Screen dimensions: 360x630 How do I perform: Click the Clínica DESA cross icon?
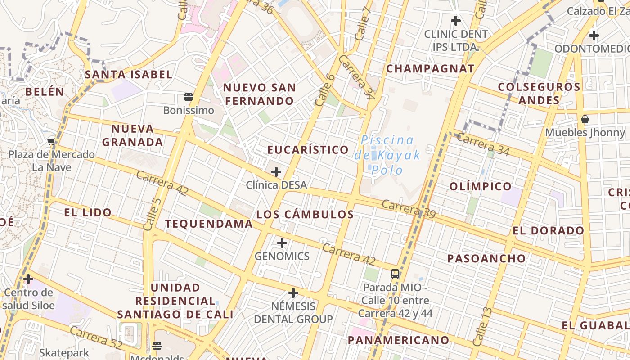tap(276, 171)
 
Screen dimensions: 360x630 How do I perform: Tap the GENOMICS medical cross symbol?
tap(282, 243)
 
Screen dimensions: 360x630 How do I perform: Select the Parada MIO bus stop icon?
tap(395, 274)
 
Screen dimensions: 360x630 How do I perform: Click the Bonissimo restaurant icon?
tap(189, 97)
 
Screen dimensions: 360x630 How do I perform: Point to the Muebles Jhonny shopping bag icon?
tap(585, 119)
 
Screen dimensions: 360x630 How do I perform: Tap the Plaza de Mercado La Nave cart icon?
tap(51, 141)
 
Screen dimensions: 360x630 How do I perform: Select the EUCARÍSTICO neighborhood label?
tap(308, 149)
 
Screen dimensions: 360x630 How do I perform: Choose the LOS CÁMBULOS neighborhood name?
tap(305, 214)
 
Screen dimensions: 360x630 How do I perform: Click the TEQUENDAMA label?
tap(209, 224)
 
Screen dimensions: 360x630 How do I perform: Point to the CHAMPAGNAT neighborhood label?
tap(430, 68)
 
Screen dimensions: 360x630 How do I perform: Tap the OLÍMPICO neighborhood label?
tap(481, 186)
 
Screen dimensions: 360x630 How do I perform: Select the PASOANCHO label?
tap(486, 258)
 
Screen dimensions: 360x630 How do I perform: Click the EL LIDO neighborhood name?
tap(88, 212)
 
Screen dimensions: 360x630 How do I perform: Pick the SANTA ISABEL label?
tap(129, 74)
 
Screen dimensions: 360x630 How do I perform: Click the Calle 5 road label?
tap(152, 214)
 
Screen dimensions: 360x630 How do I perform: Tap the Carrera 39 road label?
tap(409, 209)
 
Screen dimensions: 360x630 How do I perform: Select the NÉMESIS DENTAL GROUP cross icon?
tap(293, 293)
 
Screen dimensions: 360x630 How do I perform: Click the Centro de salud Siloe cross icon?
tap(28, 279)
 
